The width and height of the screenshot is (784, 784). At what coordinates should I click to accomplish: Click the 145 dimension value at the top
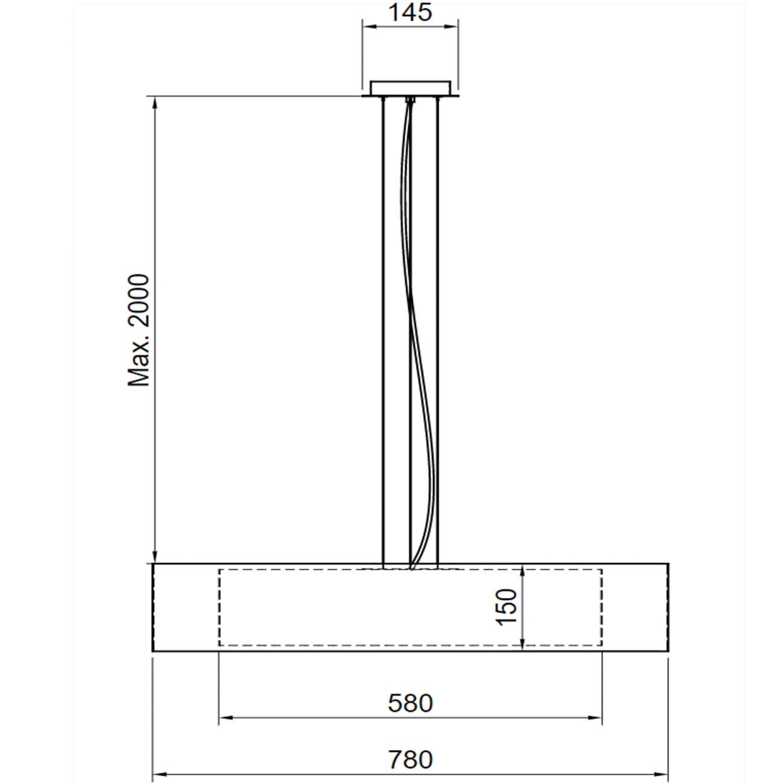(409, 13)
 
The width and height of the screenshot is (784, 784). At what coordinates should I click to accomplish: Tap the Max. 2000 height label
(139, 330)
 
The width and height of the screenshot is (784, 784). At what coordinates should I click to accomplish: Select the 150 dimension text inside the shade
(507, 607)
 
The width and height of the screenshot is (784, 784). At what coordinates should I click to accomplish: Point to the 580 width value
(410, 703)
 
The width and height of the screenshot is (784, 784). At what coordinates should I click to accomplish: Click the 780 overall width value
(410, 760)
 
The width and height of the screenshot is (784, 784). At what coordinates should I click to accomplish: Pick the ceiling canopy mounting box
(410, 88)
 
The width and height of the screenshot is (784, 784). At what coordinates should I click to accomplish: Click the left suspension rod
(384, 332)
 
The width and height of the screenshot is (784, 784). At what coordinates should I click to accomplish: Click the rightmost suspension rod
(437, 332)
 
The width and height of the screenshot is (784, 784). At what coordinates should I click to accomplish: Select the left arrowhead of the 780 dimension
(159, 774)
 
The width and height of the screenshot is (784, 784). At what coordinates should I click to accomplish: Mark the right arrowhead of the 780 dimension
(662, 774)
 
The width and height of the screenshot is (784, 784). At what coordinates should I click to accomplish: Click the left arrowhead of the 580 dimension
(225, 718)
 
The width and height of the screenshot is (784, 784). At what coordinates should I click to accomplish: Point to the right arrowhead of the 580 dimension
(596, 718)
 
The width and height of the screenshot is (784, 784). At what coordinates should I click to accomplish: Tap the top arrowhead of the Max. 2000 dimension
(156, 103)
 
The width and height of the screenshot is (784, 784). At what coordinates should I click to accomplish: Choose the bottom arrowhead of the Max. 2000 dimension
(156, 557)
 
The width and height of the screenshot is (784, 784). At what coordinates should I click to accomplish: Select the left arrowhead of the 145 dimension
(368, 27)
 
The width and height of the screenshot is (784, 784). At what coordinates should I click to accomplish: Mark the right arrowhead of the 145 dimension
(452, 27)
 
